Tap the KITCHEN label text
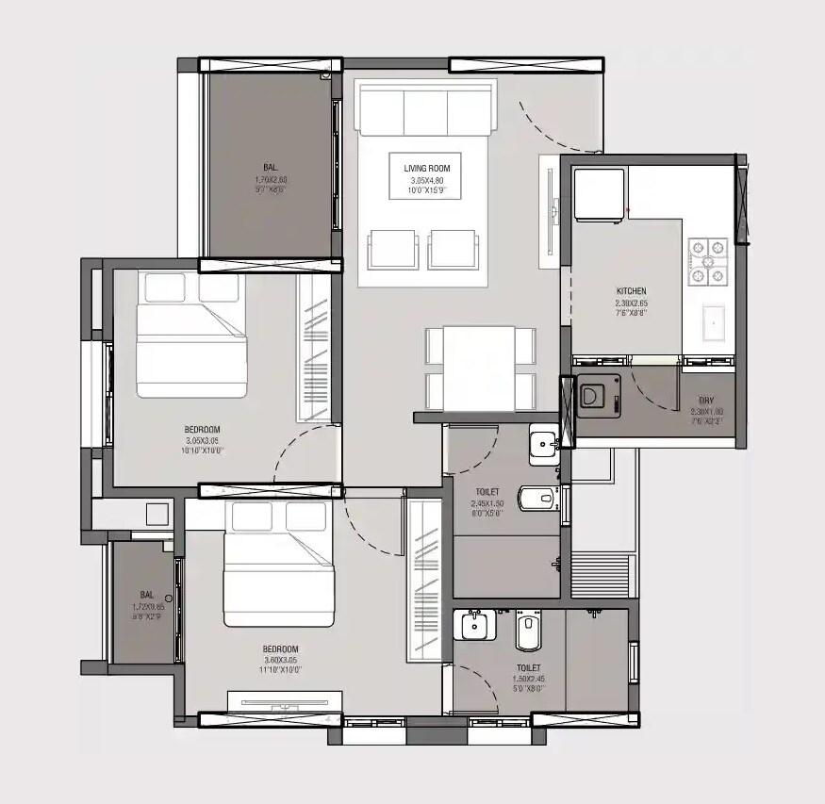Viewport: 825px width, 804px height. (631, 291)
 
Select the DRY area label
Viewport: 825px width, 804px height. (705, 401)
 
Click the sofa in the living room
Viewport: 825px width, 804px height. (424, 109)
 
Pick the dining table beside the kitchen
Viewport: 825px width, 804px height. (479, 368)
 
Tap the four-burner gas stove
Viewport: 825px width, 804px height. (708, 262)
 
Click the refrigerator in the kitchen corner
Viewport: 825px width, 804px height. (600, 194)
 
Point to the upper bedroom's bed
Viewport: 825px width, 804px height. (191, 335)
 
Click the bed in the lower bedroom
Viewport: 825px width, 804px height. (279, 565)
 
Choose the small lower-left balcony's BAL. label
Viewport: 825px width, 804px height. (147, 595)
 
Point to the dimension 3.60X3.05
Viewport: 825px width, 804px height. (281, 660)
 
